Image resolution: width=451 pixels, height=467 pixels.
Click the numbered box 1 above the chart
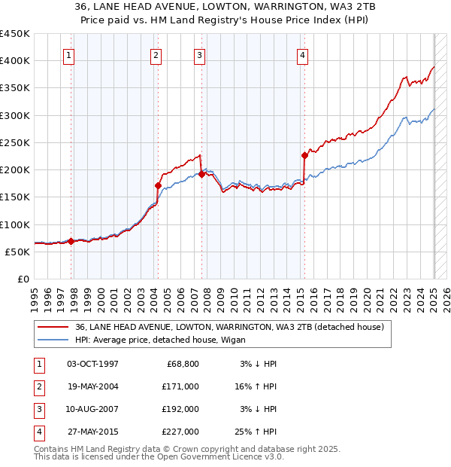click(x=68, y=54)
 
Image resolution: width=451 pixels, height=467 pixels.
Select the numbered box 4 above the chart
click(x=301, y=54)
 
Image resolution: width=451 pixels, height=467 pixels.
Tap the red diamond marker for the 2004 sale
click(x=158, y=185)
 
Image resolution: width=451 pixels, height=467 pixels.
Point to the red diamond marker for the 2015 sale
click(x=304, y=155)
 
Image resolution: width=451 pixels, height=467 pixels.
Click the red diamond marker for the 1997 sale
click(x=71, y=241)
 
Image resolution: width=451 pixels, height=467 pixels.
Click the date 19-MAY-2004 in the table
click(x=93, y=386)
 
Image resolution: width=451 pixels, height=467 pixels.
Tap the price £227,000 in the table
click(x=180, y=432)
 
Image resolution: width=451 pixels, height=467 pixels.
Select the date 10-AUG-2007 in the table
click(x=93, y=409)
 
